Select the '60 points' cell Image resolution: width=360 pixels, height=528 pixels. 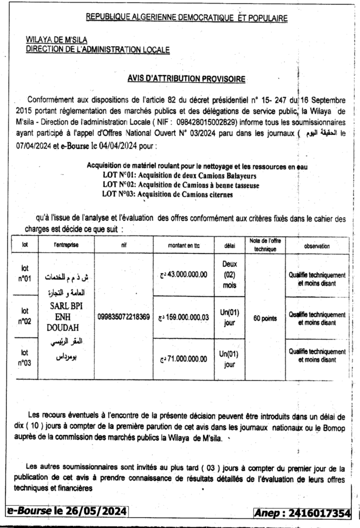(265, 318)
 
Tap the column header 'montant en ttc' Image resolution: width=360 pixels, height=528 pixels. (183, 246)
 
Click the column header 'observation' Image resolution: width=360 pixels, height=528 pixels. (317, 246)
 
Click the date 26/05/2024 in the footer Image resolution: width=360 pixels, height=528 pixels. (96, 511)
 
